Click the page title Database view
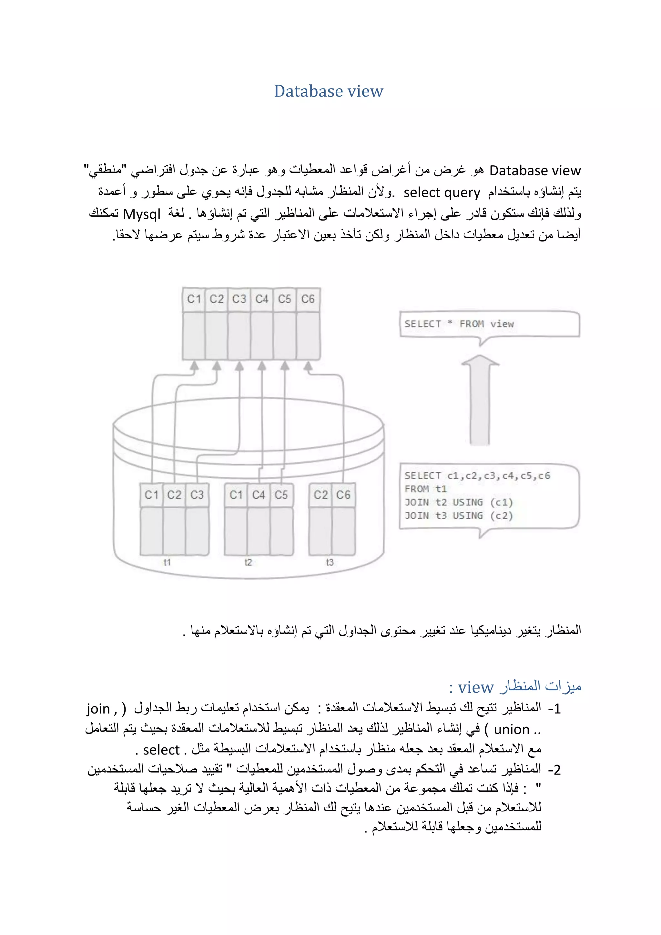pyautogui.click(x=329, y=91)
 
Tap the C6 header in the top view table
pyautogui.click(x=308, y=299)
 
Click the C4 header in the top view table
pyautogui.click(x=262, y=299)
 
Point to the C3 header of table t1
pyautogui.click(x=197, y=495)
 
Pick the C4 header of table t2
pyautogui.click(x=259, y=495)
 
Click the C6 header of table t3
pyautogui.click(x=343, y=495)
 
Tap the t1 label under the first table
pyautogui.click(x=167, y=562)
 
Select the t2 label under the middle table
pyautogui.click(x=248, y=562)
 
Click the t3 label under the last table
pyautogui.click(x=330, y=562)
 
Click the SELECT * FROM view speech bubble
pyautogui.click(x=488, y=324)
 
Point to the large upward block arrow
pyautogui.click(x=480, y=401)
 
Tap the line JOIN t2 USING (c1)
pyautogui.click(x=459, y=502)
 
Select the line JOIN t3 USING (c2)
pyautogui.click(x=459, y=516)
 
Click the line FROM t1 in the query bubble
pyautogui.click(x=426, y=489)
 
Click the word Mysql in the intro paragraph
pyautogui.click(x=142, y=214)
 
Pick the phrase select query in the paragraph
pyautogui.click(x=442, y=192)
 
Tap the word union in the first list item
pyautogui.click(x=512, y=729)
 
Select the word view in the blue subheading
pyautogui.click(x=475, y=687)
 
